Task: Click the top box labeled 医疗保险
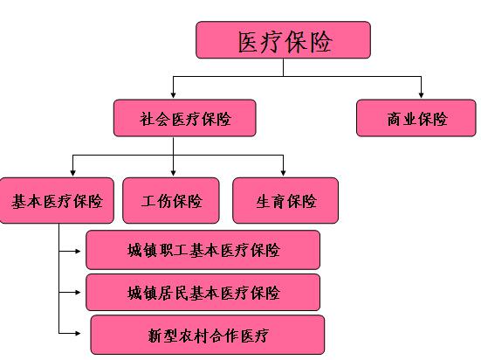tap(283, 40)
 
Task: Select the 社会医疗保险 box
tap(185, 118)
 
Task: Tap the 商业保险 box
tap(416, 118)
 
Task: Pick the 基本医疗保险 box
tap(57, 201)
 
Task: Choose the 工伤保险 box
tap(171, 201)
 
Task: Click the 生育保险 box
tap(285, 201)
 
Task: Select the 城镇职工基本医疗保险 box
tap(203, 250)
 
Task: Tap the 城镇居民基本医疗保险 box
tap(203, 293)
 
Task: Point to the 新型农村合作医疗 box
tap(208, 335)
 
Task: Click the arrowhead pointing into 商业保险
tap(421, 95)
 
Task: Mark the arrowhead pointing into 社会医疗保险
tap(174, 95)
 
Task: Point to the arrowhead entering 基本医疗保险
tap(72, 173)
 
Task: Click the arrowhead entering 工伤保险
tap(174, 173)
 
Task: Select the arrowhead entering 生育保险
tap(283, 173)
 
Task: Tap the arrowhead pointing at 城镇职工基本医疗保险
tap(78, 252)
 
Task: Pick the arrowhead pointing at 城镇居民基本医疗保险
tap(78, 293)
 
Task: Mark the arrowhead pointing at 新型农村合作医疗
tap(78, 333)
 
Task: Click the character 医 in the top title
tap(248, 42)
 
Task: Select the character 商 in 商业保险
tap(394, 119)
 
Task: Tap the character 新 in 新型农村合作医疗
tap(155, 336)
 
